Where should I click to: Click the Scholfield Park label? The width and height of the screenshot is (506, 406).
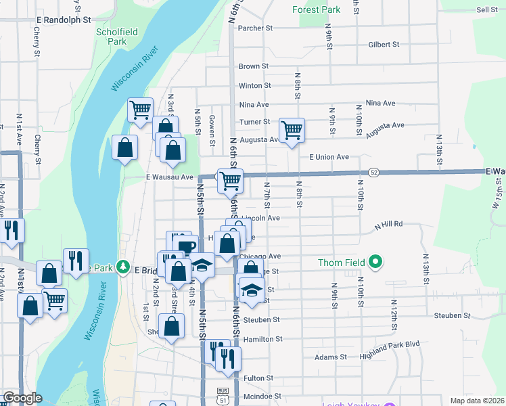click(112, 37)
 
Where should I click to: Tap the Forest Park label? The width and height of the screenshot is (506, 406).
click(317, 10)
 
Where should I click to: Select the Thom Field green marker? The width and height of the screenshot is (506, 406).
click(377, 263)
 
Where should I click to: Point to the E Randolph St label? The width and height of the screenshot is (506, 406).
click(64, 20)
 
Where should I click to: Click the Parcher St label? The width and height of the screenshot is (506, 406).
click(255, 28)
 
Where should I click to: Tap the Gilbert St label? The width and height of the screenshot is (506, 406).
click(384, 45)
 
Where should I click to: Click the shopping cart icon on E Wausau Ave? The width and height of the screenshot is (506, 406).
click(230, 180)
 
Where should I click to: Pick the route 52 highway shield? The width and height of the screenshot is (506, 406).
click(374, 173)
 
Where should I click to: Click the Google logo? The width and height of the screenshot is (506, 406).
click(22, 399)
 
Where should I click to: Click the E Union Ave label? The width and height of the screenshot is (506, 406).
click(329, 157)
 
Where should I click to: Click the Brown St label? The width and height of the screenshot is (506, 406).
click(254, 66)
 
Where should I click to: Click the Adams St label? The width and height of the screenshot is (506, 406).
click(331, 357)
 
